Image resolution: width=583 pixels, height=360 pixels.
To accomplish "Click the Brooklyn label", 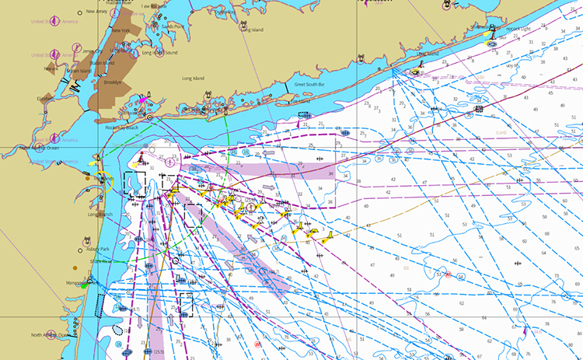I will (115, 81).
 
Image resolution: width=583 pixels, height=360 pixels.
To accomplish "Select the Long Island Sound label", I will (159, 53).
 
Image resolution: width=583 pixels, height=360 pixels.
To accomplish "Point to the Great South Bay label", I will (309, 84).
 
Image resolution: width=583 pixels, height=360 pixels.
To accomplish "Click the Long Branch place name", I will (101, 214).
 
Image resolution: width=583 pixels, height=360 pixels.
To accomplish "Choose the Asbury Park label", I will (99, 249).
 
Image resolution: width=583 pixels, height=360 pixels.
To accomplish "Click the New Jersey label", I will (97, 12).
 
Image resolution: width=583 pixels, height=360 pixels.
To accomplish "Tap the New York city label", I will (120, 31).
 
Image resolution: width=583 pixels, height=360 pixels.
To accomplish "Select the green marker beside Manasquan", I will (83, 285).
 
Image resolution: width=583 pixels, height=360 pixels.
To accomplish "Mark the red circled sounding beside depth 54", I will (448, 274).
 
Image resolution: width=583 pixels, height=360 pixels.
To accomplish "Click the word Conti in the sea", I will (502, 133).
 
